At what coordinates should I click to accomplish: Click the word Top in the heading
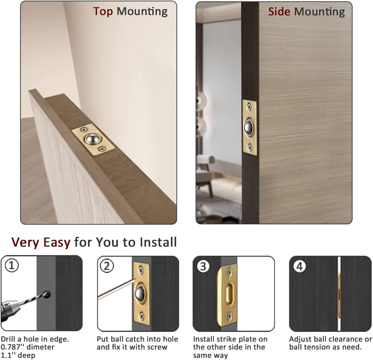click(x=103, y=12)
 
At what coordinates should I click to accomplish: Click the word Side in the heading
click(x=279, y=12)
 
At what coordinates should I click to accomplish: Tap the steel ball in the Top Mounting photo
click(x=91, y=139)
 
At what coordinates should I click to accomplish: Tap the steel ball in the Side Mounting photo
click(x=249, y=127)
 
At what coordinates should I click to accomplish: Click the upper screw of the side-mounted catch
click(x=249, y=107)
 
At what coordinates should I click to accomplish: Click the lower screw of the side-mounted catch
click(x=250, y=147)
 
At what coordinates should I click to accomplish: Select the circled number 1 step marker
click(x=12, y=266)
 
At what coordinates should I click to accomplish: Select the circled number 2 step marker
click(x=107, y=266)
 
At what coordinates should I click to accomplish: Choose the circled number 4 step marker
click(x=299, y=266)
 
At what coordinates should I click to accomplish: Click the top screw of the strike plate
click(x=229, y=272)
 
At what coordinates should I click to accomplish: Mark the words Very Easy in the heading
click(x=40, y=242)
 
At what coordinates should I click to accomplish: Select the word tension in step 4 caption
click(x=319, y=347)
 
